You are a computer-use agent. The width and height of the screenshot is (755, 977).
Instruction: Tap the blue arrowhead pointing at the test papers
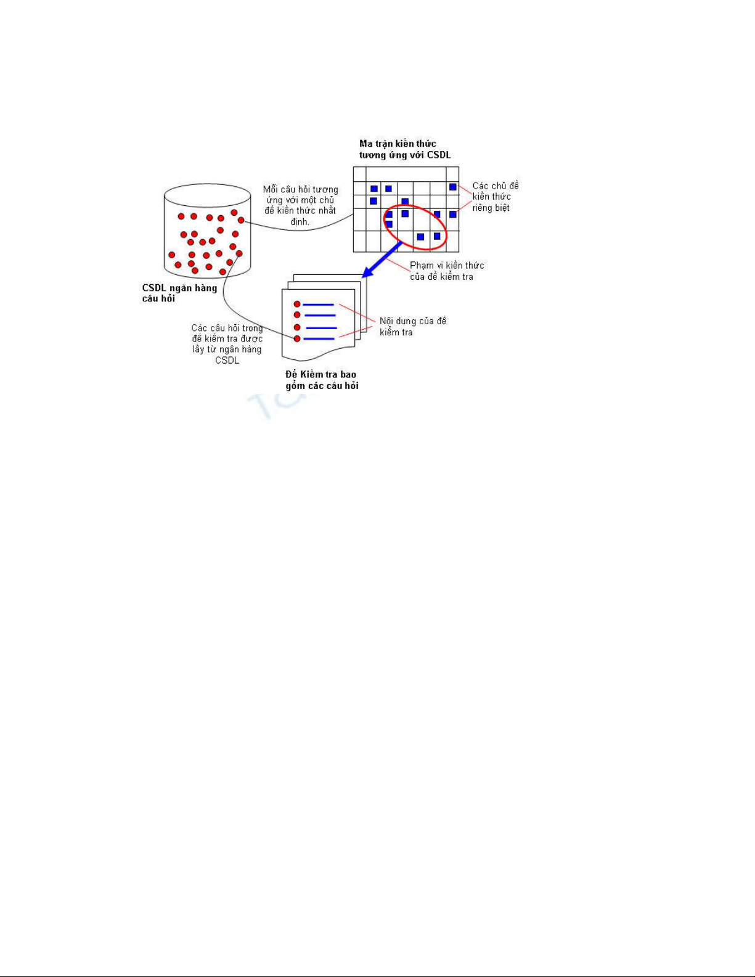369,272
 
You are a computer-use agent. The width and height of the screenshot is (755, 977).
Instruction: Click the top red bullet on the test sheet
297,305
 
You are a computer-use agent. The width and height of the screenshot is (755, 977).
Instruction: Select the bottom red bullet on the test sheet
297,338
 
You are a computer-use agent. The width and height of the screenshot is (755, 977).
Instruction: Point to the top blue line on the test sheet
318,305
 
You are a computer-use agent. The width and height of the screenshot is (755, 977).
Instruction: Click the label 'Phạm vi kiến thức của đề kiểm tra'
447,271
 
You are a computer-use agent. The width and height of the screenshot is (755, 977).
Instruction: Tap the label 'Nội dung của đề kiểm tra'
412,327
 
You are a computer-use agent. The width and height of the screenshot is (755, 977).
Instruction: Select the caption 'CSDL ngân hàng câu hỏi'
179,293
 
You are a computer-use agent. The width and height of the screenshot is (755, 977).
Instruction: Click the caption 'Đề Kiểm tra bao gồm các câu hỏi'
322,380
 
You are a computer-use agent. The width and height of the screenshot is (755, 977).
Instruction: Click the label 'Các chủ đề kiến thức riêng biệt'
496,197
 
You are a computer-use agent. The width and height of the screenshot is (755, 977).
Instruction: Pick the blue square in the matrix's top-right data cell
452,187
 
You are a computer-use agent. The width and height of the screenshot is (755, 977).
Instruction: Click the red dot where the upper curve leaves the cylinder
241,220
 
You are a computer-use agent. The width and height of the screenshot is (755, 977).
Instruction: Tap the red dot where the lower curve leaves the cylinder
239,253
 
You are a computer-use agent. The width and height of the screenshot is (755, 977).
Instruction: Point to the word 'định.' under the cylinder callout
300,222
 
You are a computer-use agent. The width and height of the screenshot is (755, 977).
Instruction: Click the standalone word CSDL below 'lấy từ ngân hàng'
227,360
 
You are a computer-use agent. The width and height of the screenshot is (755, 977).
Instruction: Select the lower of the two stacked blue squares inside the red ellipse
389,224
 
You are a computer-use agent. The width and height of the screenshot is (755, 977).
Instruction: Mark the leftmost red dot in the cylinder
172,255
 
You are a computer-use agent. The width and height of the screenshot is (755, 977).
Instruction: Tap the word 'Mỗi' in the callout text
271,189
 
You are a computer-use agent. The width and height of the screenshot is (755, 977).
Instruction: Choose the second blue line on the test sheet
319,315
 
